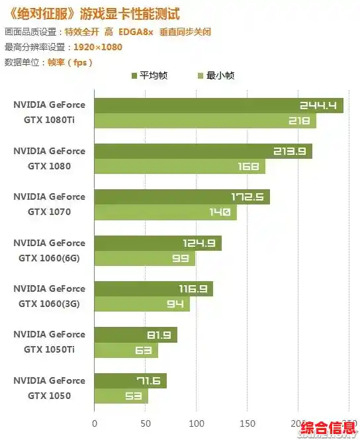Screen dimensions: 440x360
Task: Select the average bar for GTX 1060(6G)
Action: point(157,243)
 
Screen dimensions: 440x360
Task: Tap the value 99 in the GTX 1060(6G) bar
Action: point(181,259)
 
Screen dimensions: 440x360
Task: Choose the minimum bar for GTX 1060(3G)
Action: point(142,304)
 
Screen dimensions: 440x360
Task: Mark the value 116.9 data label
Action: point(193,289)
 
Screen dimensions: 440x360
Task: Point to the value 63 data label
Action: point(144,351)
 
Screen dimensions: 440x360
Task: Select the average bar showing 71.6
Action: point(130,381)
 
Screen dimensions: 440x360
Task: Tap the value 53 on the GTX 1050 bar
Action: point(134,396)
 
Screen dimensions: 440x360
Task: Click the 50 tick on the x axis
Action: point(146,423)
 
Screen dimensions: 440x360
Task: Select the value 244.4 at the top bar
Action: point(318,105)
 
